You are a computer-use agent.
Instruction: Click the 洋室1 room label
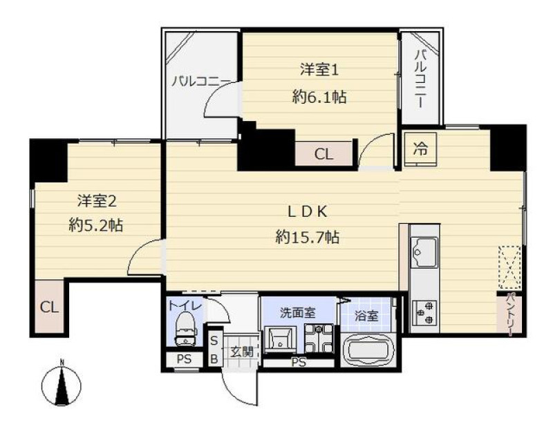(319, 70)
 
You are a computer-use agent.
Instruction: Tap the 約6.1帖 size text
(319, 97)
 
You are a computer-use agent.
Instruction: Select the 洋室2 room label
(97, 201)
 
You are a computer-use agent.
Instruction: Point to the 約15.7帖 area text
(307, 237)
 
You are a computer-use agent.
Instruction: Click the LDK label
(308, 212)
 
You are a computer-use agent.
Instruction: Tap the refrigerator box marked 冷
(420, 149)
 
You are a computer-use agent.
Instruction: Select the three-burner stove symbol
(424, 312)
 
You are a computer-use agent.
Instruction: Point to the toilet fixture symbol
(185, 330)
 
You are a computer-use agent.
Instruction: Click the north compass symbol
(62, 383)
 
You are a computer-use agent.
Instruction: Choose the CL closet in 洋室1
(324, 154)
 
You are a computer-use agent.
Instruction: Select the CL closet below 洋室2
(49, 307)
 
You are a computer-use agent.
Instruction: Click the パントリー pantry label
(509, 314)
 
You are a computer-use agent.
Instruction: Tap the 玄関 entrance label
(242, 351)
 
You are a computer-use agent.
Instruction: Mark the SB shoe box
(214, 350)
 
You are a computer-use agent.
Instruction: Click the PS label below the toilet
(184, 359)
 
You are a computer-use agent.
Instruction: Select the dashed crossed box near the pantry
(509, 267)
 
